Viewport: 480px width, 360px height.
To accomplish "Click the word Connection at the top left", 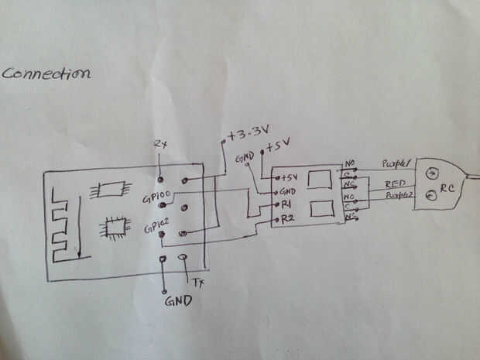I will pyautogui.click(x=46, y=74).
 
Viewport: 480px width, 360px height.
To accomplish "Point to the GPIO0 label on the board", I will pyautogui.click(x=156, y=197).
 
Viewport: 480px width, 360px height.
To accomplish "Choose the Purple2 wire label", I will pyautogui.click(x=399, y=198).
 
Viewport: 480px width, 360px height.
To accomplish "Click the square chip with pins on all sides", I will pyautogui.click(x=115, y=226).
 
